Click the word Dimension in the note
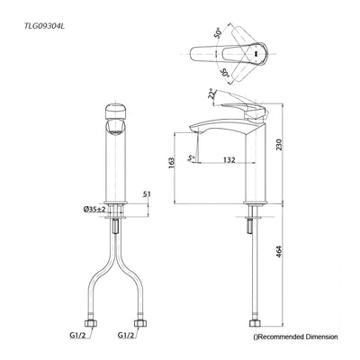coord(319,337)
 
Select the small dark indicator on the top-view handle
coord(259,54)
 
